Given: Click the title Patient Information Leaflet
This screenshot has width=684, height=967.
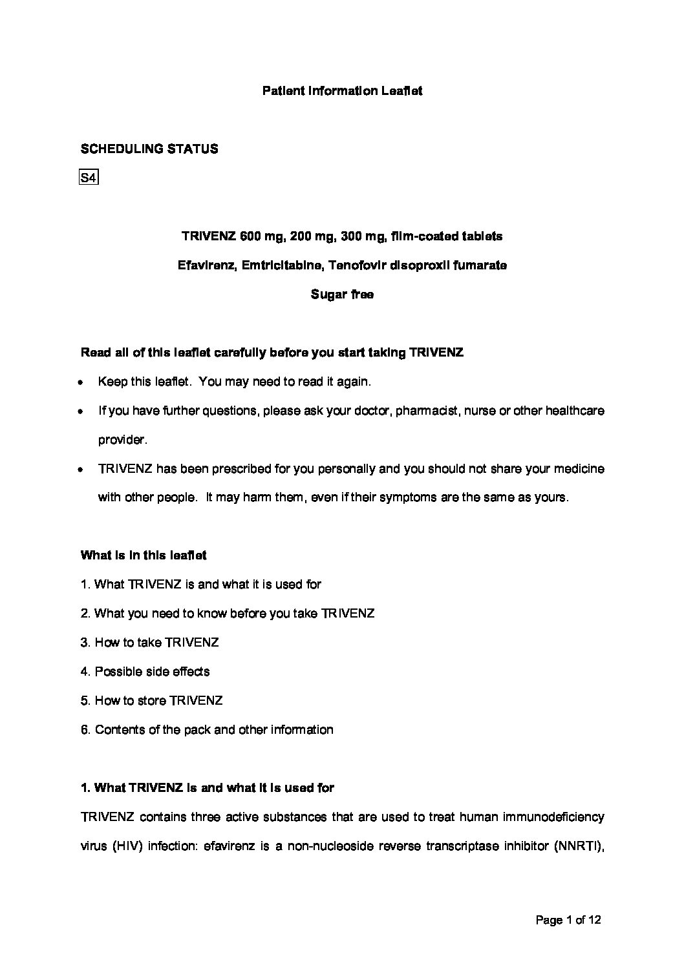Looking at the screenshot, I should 342,91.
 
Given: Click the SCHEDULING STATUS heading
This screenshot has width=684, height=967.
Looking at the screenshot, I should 149,149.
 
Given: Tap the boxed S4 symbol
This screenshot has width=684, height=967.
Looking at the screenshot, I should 88,178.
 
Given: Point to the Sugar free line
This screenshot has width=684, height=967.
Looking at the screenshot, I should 342,295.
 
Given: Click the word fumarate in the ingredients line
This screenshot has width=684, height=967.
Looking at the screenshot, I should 480,265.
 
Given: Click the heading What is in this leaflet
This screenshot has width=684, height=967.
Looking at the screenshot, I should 144,556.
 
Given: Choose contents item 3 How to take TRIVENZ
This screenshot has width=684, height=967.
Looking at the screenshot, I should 150,643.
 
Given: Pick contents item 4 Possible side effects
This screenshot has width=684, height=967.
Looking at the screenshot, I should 145,672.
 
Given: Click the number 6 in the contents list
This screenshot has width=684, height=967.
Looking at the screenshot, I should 84,730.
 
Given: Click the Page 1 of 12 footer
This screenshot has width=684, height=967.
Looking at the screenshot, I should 568,920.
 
